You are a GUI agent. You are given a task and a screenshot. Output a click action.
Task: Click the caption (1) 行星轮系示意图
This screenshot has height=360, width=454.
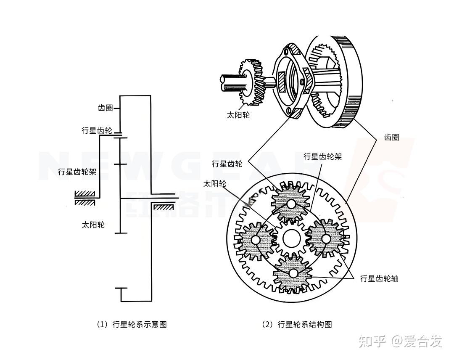132,324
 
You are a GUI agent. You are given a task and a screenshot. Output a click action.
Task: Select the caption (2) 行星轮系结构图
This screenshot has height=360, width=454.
297,324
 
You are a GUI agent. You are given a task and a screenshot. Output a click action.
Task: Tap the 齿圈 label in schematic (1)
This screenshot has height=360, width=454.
106,108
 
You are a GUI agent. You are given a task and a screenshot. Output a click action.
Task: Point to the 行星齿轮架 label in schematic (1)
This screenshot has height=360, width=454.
77,172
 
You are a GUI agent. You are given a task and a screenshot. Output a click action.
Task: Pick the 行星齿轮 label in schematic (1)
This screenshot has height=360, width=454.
97,131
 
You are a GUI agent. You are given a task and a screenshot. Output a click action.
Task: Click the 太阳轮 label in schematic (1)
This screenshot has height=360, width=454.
93,225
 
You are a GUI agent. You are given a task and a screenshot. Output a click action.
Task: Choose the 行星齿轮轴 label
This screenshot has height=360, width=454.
379,278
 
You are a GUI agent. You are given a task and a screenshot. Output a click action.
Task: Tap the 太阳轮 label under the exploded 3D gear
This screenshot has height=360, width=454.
238,115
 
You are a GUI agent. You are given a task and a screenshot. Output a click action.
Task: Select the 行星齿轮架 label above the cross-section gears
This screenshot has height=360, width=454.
322,157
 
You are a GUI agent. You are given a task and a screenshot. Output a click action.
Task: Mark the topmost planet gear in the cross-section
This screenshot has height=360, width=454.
290,204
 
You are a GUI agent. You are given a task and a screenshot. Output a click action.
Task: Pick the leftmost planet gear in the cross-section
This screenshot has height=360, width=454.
255,239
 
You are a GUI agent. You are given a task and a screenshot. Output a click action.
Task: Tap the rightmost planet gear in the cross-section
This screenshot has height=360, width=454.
326,238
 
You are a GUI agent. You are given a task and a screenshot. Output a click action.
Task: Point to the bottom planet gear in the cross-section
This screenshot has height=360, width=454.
293,273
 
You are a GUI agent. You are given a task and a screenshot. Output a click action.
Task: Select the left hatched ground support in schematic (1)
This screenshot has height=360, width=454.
84,198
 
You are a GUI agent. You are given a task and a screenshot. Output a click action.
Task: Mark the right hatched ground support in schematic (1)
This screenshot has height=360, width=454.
163,207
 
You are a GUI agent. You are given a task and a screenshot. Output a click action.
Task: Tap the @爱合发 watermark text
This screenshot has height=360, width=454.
417,341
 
